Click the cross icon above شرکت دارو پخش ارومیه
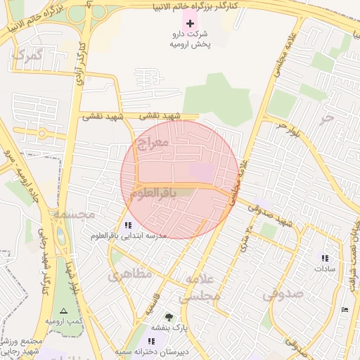coord(190,23)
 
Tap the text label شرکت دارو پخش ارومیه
coord(190,39)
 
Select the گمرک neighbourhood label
coord(29,55)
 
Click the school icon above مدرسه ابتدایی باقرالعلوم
coord(127,225)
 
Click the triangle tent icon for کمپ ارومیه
coord(64,310)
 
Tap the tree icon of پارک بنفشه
coord(169,317)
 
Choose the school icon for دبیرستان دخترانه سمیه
coord(151,340)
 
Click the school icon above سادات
coord(325,258)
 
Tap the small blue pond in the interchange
coord(61,239)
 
